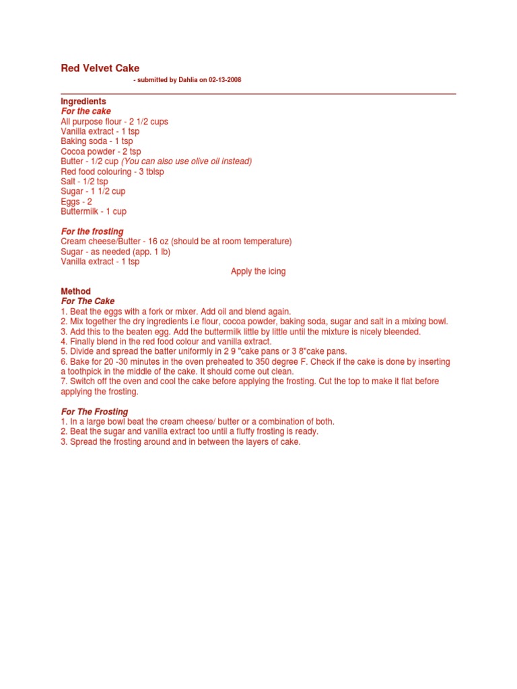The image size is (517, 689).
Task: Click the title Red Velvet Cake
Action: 100,68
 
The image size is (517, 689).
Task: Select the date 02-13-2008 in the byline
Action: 223,80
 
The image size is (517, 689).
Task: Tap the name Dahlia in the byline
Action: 187,80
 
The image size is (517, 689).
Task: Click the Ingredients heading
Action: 83,102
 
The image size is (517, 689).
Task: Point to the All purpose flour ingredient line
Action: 114,122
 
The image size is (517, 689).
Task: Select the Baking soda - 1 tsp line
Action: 97,141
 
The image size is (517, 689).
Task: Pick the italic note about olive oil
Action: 186,161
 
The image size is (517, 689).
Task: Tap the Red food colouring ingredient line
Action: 112,172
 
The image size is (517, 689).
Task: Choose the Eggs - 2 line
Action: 77,201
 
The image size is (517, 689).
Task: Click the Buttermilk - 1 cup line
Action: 94,211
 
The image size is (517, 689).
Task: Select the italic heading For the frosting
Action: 92,231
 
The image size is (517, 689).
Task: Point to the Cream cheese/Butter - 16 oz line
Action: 176,242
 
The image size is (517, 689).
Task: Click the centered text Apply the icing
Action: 258,272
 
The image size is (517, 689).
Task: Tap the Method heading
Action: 75,292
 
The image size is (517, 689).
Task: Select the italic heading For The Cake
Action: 88,301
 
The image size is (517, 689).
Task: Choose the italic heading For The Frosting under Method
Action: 94,412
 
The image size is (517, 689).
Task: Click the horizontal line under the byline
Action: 258,94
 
